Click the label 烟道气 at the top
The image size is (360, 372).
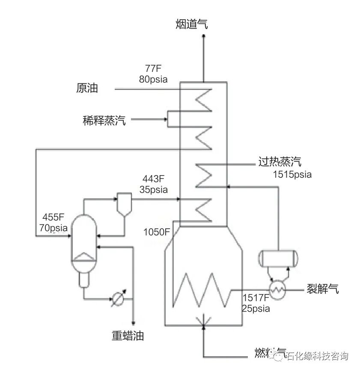(191, 24)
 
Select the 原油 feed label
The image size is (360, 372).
(87, 88)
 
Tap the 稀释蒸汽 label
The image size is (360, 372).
(104, 120)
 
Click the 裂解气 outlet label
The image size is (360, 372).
(322, 289)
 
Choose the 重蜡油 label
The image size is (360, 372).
(128, 336)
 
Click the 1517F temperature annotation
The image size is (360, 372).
(256, 298)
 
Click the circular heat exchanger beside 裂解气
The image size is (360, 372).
(277, 289)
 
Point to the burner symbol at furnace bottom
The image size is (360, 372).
(203, 321)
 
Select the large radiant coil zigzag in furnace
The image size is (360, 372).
(200, 290)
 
